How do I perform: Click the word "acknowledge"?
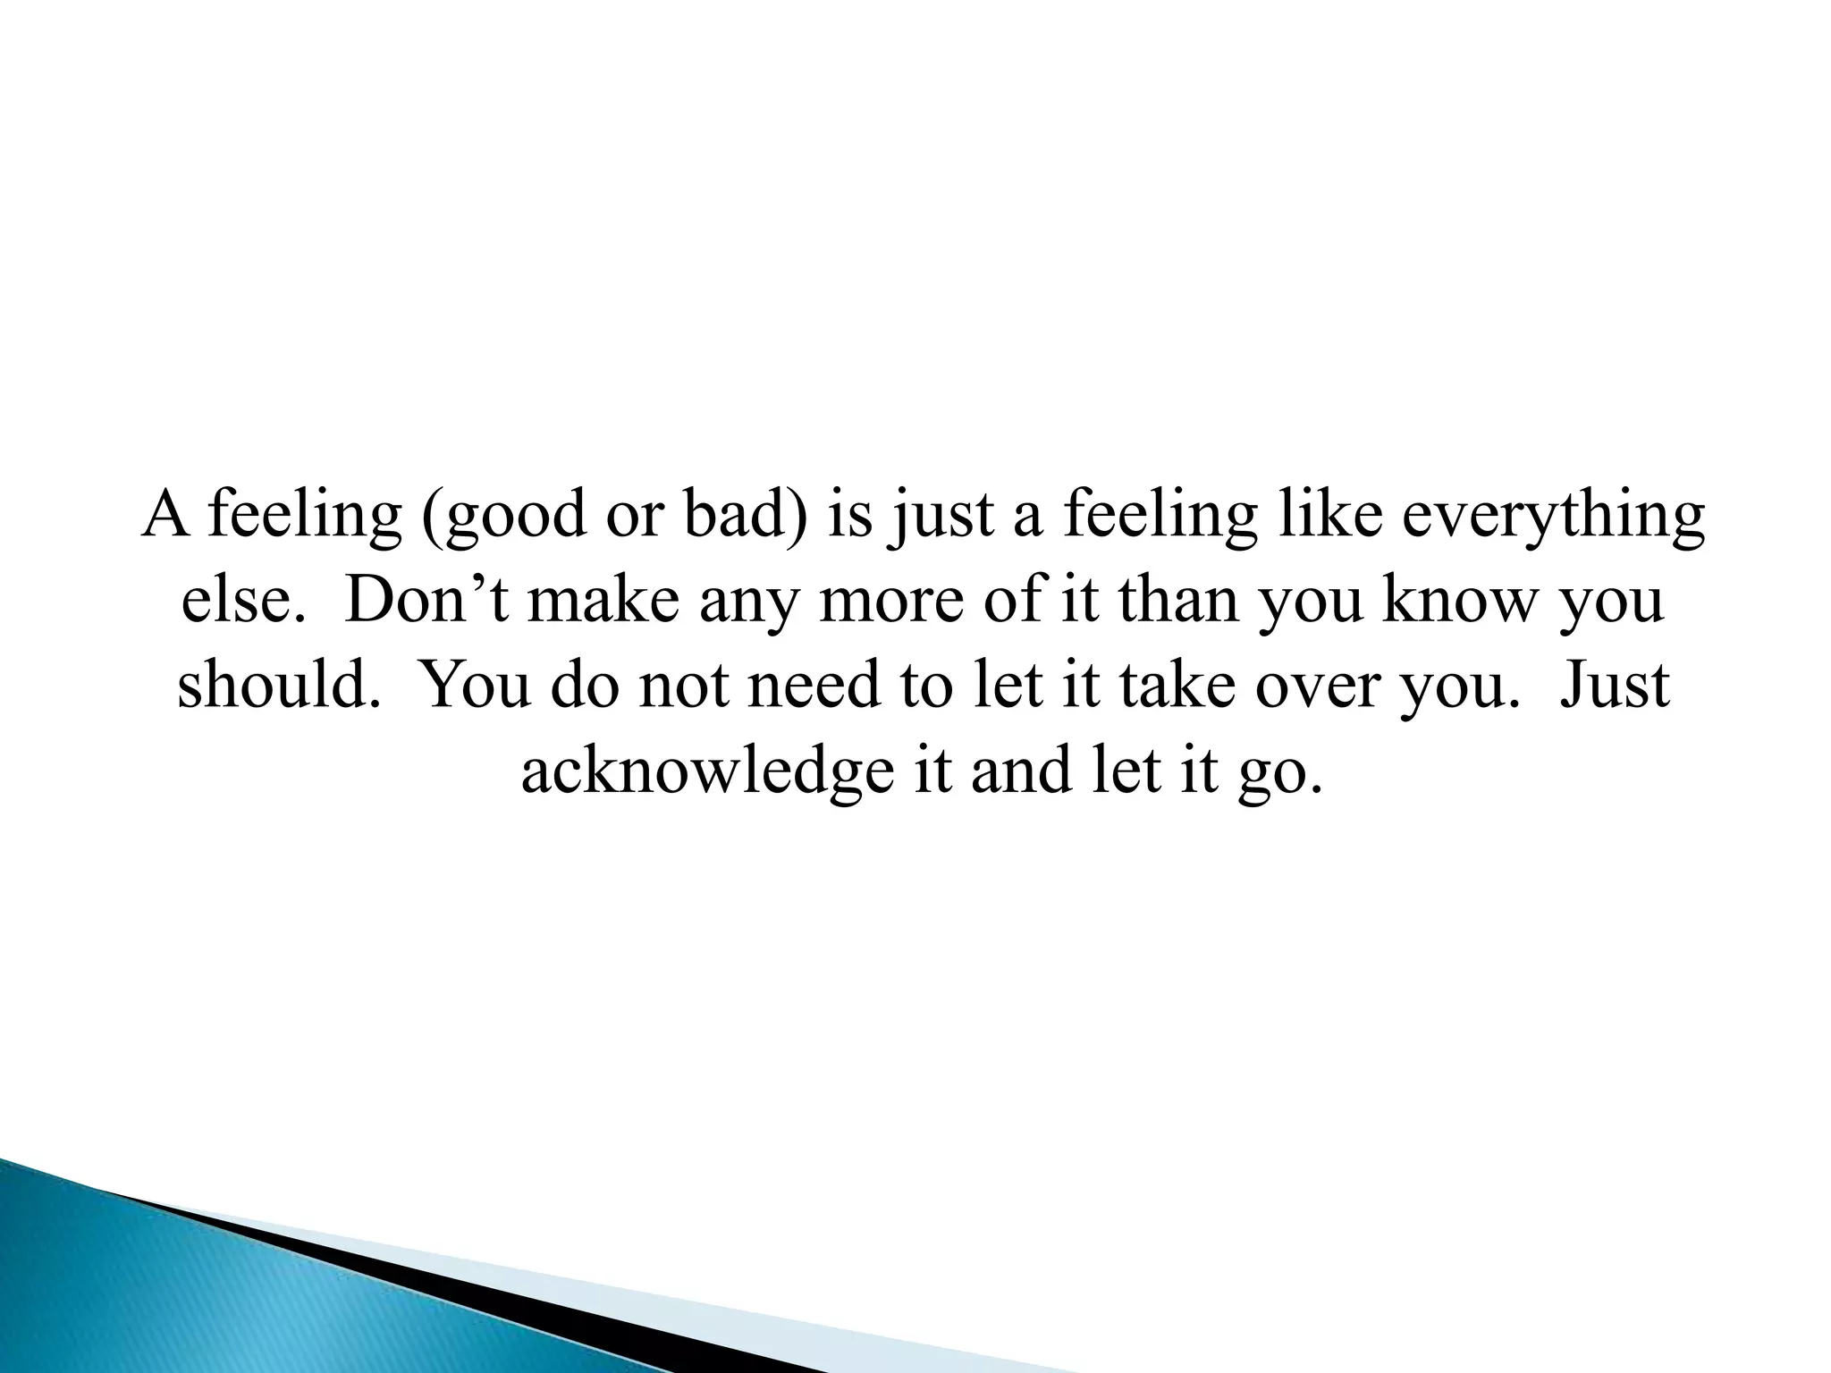coord(707,771)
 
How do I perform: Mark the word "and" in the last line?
coord(1021,771)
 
